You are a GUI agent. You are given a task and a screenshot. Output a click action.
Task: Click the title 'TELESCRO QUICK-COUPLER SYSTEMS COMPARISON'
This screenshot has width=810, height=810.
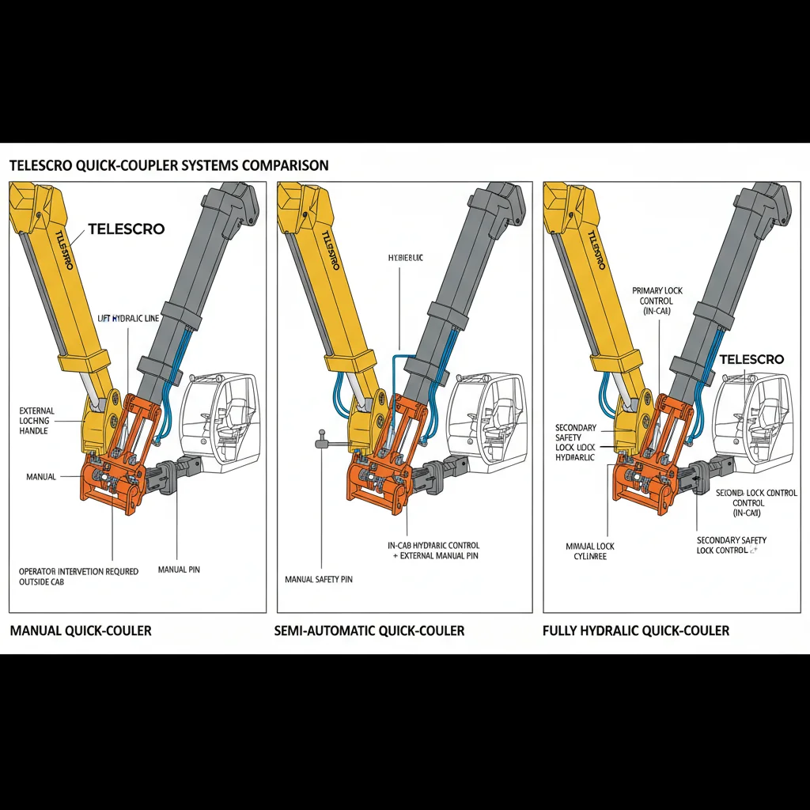coord(168,166)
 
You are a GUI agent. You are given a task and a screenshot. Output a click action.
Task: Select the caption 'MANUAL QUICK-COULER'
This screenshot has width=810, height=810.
coord(81,630)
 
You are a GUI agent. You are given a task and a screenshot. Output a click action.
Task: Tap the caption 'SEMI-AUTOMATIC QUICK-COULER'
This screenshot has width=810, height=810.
coord(369,630)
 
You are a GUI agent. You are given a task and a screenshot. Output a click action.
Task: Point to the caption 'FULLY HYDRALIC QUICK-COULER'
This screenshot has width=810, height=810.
coord(636,630)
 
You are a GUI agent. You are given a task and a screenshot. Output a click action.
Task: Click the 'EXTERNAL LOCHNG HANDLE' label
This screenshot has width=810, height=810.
coord(37,421)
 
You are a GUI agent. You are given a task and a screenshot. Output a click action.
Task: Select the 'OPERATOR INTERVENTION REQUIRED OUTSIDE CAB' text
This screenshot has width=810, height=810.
coord(78,577)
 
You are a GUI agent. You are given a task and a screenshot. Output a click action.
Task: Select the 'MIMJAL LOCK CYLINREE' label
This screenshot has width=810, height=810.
coord(590,551)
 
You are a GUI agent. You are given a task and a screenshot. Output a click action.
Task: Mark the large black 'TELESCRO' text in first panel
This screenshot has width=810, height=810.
coord(127,229)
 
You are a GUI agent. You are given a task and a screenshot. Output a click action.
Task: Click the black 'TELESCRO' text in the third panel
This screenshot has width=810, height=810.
coord(751,359)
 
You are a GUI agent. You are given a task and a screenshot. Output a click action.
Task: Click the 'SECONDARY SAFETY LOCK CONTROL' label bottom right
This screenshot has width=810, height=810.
coord(731,545)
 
